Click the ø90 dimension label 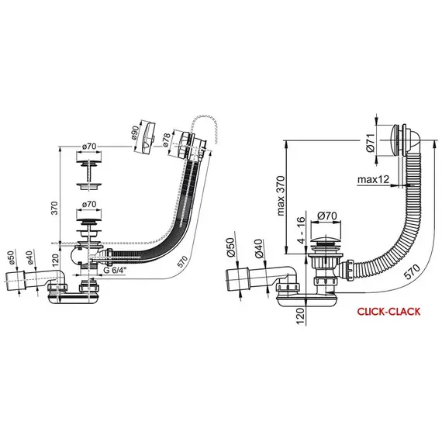pos(135,132)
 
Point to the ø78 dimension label pos(166,140)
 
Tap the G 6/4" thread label pos(115,270)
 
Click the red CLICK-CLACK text pos(388,312)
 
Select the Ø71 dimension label pos(371,143)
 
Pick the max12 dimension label pos(373,179)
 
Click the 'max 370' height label pos(281,196)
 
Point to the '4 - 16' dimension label pos(302,230)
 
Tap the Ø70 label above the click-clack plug pos(327,216)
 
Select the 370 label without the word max pos(54,208)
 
